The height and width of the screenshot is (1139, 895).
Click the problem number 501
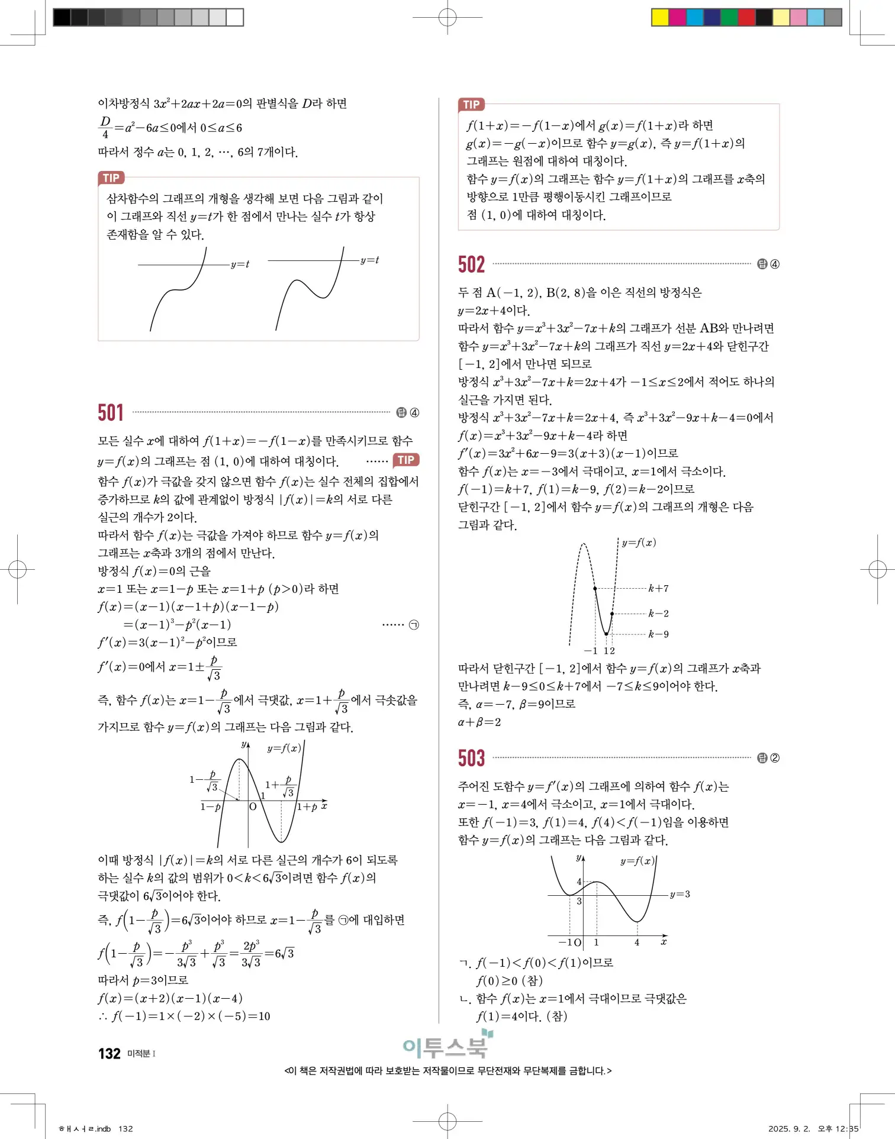[111, 412]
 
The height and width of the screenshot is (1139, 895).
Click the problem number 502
[471, 264]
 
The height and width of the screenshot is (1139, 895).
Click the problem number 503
[471, 758]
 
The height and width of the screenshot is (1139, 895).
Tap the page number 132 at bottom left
[110, 1054]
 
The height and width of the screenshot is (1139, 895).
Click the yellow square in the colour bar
[659, 17]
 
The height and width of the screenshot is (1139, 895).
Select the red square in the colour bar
[746, 17]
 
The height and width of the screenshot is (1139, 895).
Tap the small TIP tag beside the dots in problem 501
[406, 460]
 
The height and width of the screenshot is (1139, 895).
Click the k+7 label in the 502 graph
[658, 588]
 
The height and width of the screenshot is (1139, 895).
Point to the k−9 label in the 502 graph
[658, 634]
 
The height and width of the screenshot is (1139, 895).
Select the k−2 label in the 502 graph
[658, 614]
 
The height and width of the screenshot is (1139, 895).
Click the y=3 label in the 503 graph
[680, 894]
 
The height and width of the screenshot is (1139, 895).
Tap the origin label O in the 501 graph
[253, 806]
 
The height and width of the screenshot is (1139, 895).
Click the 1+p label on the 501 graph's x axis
[307, 807]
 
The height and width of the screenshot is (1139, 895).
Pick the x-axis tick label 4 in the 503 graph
[637, 943]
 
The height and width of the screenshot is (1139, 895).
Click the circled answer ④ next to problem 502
[775, 264]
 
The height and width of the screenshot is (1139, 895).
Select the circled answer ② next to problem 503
[775, 758]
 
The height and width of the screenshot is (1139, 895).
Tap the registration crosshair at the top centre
[448, 18]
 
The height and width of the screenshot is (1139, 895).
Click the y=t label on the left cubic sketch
[240, 264]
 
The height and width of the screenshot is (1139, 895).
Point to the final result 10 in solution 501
[264, 1017]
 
